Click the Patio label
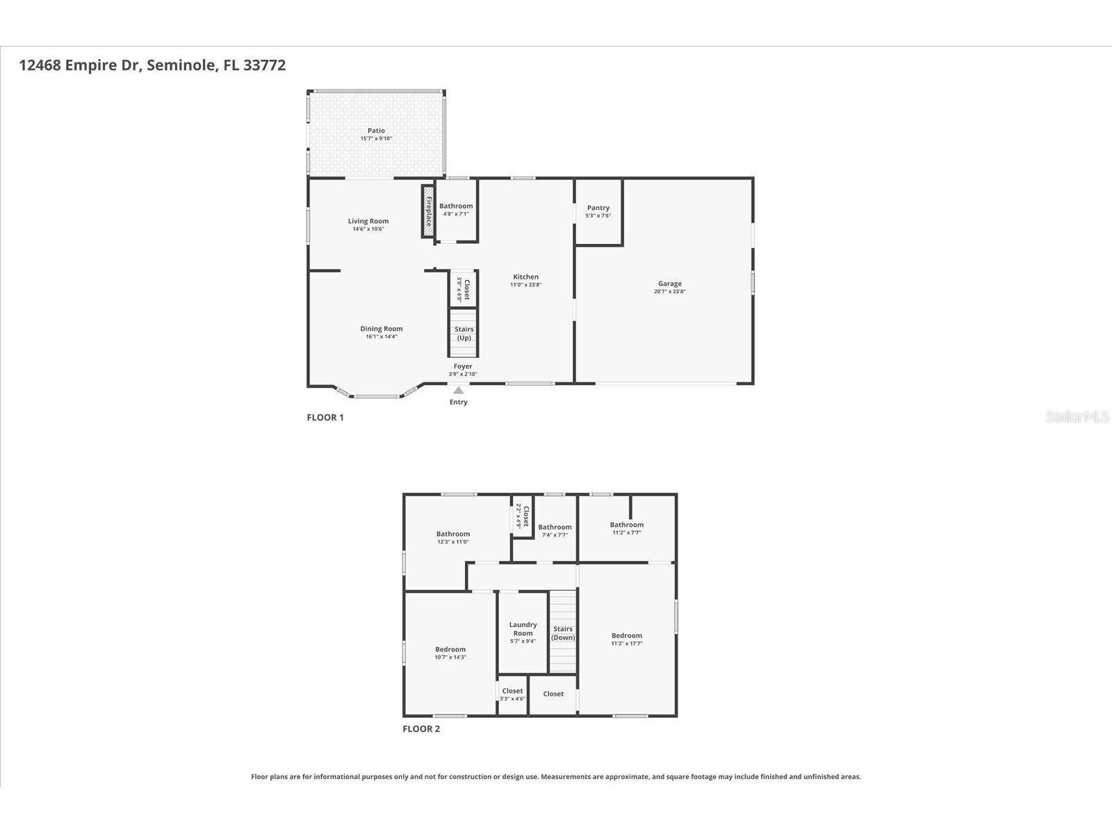(x=376, y=131)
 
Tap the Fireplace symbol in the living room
(x=428, y=212)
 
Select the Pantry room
(x=598, y=211)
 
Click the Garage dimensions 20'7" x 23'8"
(x=669, y=292)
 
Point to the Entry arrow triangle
(x=458, y=391)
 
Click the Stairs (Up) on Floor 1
(x=464, y=334)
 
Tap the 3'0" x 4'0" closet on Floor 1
(x=463, y=289)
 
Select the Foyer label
(x=463, y=366)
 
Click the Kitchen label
(x=525, y=277)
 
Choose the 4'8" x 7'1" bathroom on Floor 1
(x=456, y=209)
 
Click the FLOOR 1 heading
(x=325, y=418)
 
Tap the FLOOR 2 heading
(x=421, y=729)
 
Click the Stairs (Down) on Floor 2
(x=563, y=632)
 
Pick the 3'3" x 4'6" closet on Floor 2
(x=512, y=694)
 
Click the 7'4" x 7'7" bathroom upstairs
(x=555, y=530)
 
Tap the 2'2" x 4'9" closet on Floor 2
(x=522, y=516)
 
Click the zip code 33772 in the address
(x=264, y=65)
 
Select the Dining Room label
(x=381, y=329)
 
